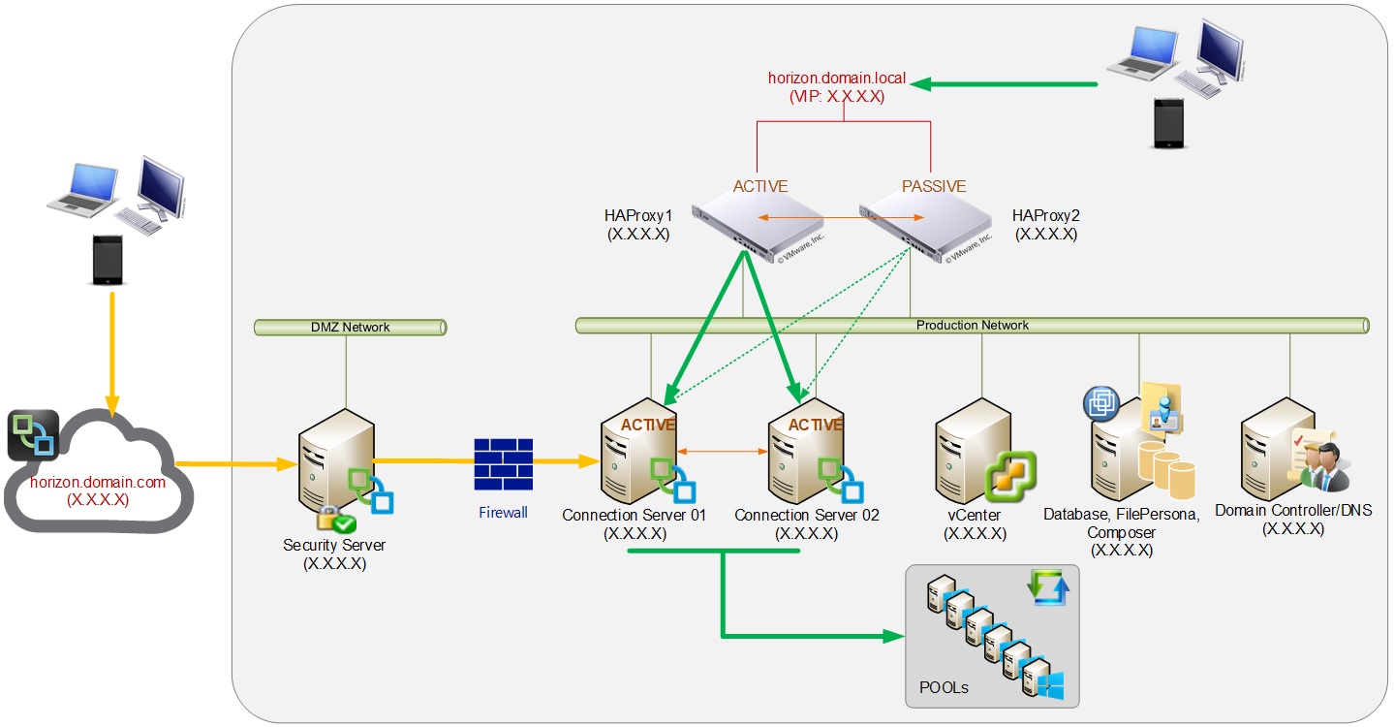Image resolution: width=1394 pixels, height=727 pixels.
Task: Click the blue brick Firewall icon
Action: point(503,464)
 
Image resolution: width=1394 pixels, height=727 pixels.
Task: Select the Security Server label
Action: point(334,545)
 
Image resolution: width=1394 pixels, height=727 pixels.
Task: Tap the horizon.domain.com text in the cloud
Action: point(98,482)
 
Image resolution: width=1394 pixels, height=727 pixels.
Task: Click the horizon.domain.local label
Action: point(837,78)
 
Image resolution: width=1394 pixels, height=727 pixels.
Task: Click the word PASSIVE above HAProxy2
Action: point(933,186)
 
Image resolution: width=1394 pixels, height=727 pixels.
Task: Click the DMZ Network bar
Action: point(350,328)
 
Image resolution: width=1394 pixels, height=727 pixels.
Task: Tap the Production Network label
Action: point(972,325)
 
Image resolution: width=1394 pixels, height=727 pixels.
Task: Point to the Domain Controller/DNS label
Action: point(1293,511)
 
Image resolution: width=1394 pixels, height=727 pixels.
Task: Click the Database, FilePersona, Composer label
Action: point(1121,523)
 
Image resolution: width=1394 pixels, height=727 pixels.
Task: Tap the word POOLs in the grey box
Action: point(944,687)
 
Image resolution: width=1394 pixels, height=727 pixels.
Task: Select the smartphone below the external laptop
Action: point(109,259)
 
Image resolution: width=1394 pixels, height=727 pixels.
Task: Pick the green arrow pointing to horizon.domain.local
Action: point(1007,84)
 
